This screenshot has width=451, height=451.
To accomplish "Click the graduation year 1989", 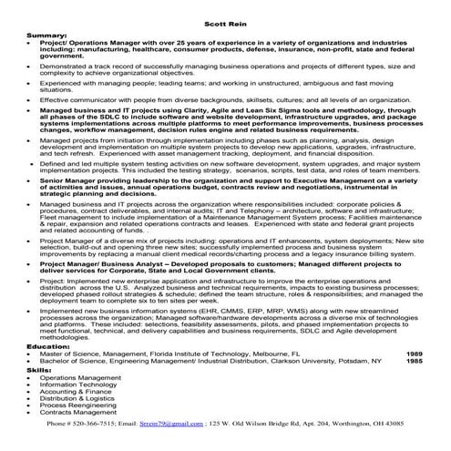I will click(x=415, y=354).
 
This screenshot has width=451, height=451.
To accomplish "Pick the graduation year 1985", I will click(x=415, y=362).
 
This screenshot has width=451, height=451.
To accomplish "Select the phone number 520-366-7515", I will click(x=100, y=424).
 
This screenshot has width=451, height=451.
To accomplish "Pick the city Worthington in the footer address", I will click(x=351, y=424).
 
